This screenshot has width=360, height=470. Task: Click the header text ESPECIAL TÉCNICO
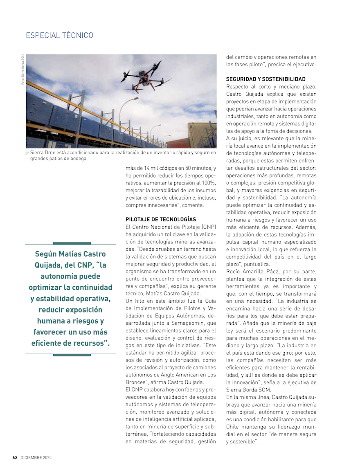[59, 36]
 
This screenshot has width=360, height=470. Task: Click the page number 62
[14, 457]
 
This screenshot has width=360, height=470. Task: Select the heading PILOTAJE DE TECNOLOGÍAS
[161, 220]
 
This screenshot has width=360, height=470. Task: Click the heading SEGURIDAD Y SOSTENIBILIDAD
[265, 79]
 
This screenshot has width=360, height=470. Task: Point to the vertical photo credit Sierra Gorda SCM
[23, 70]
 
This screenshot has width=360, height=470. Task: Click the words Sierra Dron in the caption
[43, 153]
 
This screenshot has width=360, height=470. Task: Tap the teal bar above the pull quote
[72, 243]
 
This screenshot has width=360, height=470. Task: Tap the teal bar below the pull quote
[72, 355]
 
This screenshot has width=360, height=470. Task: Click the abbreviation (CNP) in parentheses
[209, 227]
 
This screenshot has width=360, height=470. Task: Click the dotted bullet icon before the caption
[27, 153]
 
